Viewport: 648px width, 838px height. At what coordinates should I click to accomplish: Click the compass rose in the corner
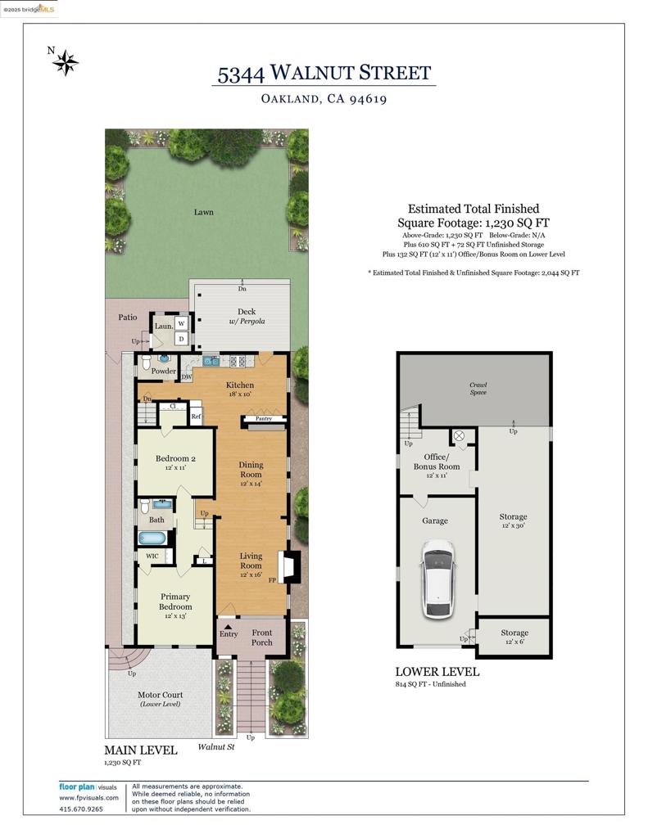click(65, 62)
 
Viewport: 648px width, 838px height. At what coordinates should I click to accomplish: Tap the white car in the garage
click(438, 579)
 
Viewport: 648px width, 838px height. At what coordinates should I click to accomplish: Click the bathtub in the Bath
click(152, 538)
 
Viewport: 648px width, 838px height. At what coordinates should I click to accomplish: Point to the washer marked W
click(181, 323)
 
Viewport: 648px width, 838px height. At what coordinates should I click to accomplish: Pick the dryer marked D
click(181, 338)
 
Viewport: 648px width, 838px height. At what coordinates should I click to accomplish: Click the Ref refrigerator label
click(196, 417)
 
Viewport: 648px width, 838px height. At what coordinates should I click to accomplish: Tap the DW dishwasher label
click(187, 376)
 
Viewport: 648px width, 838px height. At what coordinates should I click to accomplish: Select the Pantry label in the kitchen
click(264, 418)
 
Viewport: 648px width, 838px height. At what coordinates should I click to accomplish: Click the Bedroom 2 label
click(175, 458)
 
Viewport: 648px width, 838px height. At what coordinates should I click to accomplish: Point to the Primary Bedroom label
click(175, 601)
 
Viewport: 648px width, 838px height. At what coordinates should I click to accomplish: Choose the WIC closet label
click(152, 556)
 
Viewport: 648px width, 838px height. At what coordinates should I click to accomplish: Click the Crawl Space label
click(478, 388)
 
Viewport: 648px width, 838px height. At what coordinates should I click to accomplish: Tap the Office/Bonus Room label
click(437, 462)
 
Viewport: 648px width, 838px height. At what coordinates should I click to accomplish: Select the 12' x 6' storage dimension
click(514, 642)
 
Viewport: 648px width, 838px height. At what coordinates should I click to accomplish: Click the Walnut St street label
click(216, 746)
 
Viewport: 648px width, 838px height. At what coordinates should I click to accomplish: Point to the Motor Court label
click(160, 695)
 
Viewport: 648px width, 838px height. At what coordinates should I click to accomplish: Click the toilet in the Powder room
click(147, 363)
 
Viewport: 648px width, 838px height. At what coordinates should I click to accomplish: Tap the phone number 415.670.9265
click(81, 809)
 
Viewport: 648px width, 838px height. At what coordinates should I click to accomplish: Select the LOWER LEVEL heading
click(437, 672)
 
